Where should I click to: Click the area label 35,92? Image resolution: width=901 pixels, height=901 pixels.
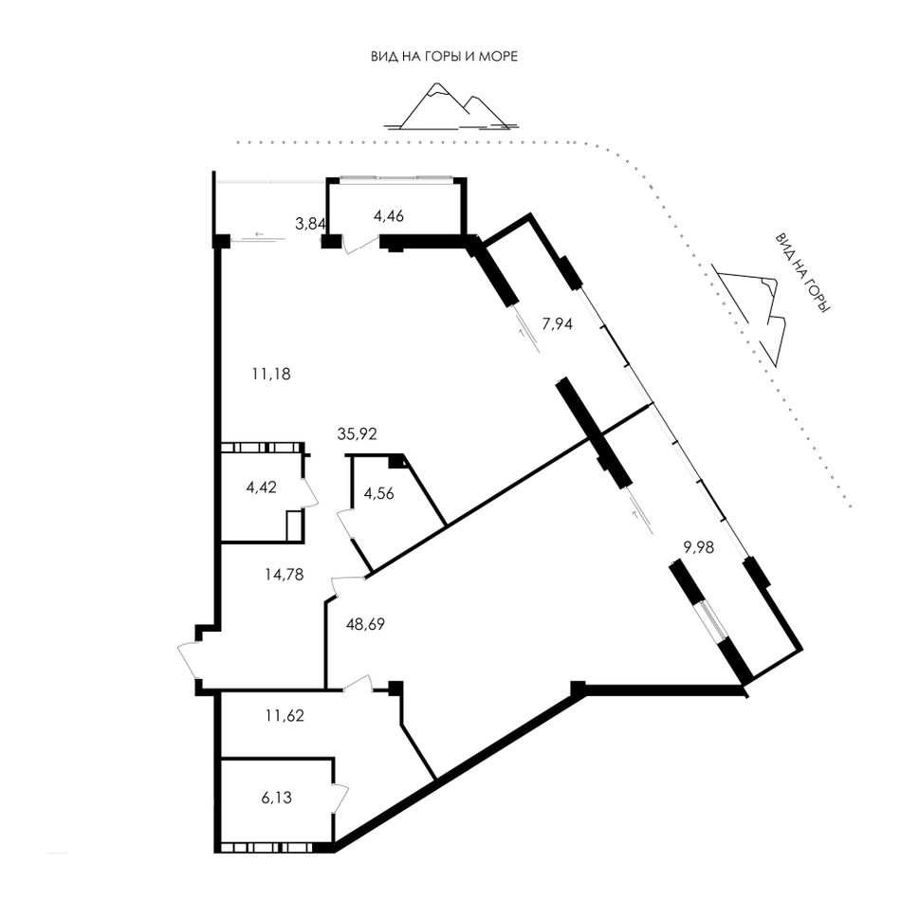tap(357, 433)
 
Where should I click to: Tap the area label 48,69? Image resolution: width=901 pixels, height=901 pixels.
tap(365, 623)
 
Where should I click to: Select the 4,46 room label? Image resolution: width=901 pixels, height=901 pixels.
tap(389, 216)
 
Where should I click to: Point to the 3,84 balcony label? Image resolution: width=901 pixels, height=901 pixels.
tap(310, 224)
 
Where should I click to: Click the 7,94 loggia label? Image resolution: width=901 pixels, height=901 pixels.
tap(558, 324)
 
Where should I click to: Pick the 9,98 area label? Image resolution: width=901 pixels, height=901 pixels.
tap(698, 547)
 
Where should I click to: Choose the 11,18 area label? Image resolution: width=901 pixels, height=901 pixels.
tap(271, 374)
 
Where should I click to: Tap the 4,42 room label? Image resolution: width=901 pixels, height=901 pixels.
tap(261, 487)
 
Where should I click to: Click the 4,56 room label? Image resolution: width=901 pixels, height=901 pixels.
tap(379, 493)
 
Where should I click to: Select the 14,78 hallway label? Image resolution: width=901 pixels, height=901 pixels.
tap(285, 574)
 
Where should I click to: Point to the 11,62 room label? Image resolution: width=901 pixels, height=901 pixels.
tap(285, 715)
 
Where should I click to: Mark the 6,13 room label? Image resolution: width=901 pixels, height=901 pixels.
tap(276, 798)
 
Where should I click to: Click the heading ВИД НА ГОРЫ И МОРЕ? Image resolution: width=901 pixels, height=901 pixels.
tap(444, 56)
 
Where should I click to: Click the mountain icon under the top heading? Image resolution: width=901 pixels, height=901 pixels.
tap(451, 107)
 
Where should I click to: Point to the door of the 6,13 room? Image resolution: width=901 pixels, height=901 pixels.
tap(341, 798)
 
